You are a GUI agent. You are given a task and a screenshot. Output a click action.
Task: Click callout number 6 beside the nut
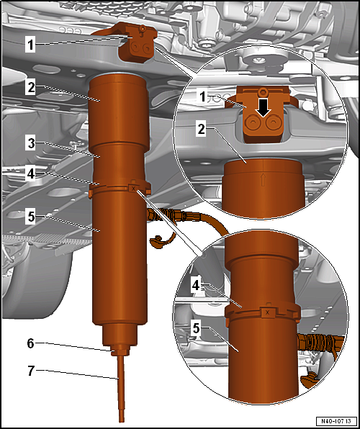(31, 343)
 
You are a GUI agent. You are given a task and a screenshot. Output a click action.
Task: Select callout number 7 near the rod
(31, 371)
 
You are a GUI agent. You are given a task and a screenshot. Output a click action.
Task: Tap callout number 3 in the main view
(31, 144)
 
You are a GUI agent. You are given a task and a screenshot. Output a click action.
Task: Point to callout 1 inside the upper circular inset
(202, 96)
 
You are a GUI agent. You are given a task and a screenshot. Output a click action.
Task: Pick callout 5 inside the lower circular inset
(196, 329)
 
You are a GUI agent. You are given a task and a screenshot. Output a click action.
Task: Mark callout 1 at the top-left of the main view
(30, 45)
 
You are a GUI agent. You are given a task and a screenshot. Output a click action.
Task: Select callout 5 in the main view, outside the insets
(31, 218)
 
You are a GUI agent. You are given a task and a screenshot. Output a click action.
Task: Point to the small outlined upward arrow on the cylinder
(263, 181)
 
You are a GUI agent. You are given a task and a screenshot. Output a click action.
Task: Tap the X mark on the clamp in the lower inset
(267, 312)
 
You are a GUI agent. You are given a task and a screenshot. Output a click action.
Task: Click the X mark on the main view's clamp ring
(133, 189)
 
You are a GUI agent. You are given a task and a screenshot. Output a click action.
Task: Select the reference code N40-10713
(337, 420)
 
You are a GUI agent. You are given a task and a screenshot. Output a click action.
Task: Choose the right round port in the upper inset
(271, 124)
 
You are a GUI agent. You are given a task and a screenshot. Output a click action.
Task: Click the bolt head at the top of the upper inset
(263, 91)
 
